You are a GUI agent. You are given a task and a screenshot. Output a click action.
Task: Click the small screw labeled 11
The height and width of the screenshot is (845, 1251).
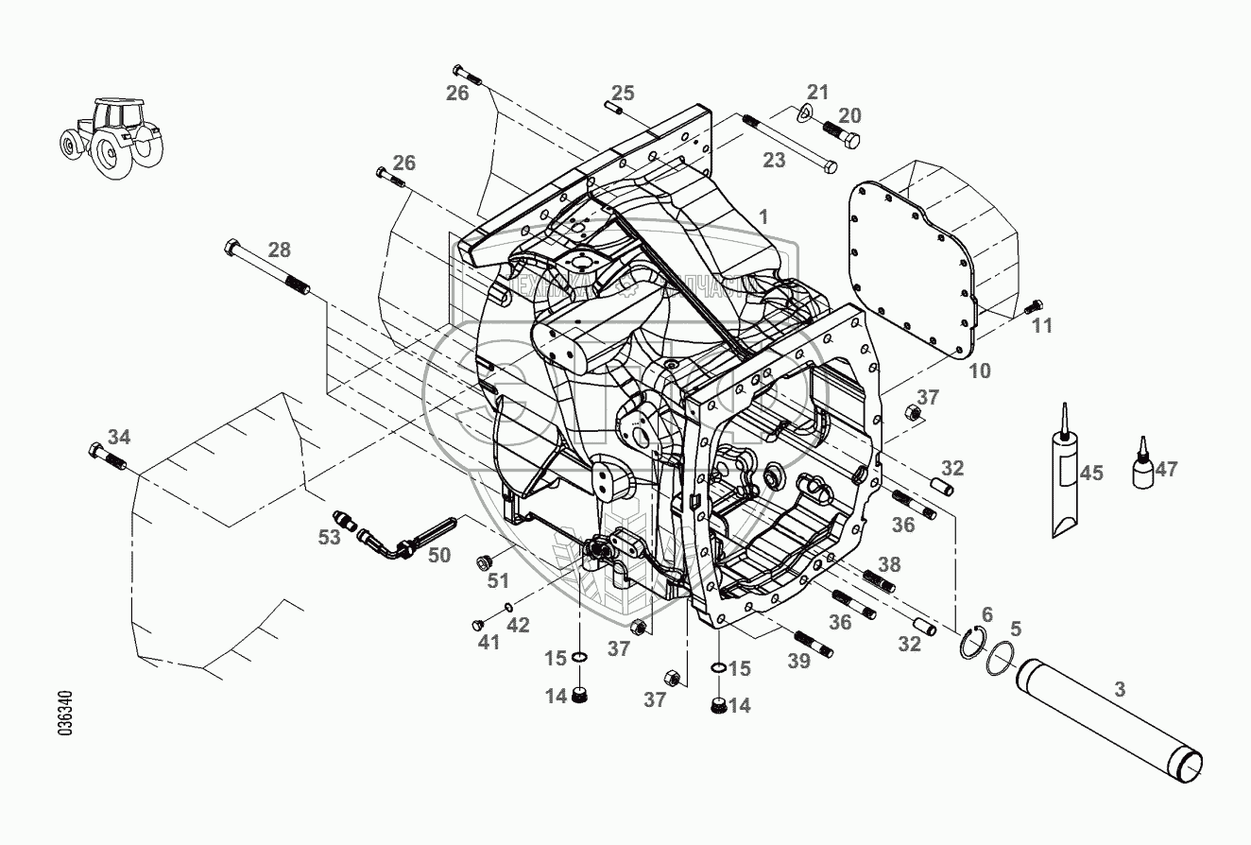[1032, 306]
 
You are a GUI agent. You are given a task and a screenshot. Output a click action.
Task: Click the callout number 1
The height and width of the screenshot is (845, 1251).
[763, 216]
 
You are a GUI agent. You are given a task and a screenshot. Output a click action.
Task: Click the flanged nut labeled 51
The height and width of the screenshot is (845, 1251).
[479, 562]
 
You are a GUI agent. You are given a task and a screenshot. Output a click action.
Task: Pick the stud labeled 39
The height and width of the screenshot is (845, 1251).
[813, 643]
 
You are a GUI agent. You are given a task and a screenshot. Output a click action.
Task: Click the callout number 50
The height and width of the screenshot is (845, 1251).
[438, 556]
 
